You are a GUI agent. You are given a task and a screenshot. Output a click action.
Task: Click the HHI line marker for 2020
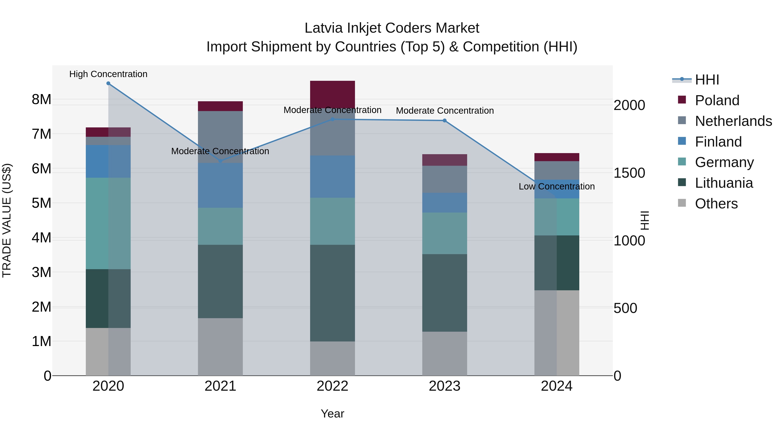108,83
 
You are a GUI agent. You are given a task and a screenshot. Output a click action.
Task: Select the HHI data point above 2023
444,120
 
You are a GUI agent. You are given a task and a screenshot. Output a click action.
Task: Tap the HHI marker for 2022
332,119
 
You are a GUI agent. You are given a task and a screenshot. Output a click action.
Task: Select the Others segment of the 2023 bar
444,354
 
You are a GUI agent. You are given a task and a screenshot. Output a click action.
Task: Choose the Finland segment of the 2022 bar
332,177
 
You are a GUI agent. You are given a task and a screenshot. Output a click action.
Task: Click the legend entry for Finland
718,142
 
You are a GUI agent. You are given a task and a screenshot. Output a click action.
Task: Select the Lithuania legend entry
724,183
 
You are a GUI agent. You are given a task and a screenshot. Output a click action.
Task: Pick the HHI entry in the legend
707,80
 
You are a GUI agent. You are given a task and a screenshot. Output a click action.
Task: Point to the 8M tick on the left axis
41,100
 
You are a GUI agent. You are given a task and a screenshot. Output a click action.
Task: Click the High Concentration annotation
108,74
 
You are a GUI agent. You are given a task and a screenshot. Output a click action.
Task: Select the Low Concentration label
557,186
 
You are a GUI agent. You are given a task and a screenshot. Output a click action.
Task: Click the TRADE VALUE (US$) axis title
7,220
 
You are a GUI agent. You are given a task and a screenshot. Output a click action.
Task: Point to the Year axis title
332,414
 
